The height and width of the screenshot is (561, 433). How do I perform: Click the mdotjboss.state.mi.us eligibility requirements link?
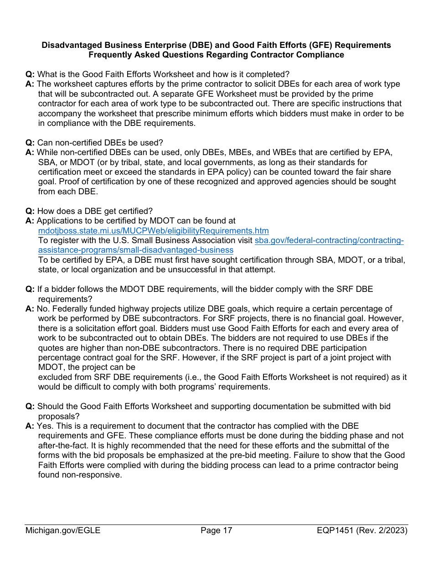coord(153,231)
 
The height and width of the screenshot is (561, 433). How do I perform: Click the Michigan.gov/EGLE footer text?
coord(63,530)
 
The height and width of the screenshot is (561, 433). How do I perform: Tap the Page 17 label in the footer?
coord(216,530)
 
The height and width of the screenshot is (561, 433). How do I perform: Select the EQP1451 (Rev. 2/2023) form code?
coord(362,530)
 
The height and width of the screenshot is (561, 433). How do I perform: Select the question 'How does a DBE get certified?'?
coord(94,211)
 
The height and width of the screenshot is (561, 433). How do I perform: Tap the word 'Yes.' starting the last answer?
coord(45,426)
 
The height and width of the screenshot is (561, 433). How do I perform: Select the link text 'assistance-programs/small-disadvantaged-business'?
coord(135,250)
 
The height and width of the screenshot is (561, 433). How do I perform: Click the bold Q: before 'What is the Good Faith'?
coord(30,74)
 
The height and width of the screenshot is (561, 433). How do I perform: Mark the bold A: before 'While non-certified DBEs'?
coord(30,152)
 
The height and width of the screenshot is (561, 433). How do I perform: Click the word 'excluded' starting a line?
coord(53,377)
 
